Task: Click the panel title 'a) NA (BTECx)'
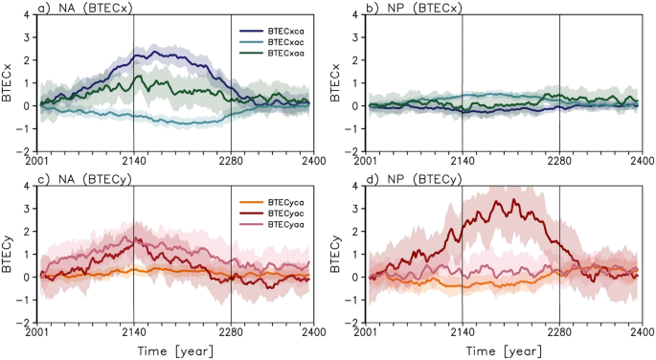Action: pyautogui.click(x=80, y=8)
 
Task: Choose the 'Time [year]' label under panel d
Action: pyautogui.click(x=503, y=349)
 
